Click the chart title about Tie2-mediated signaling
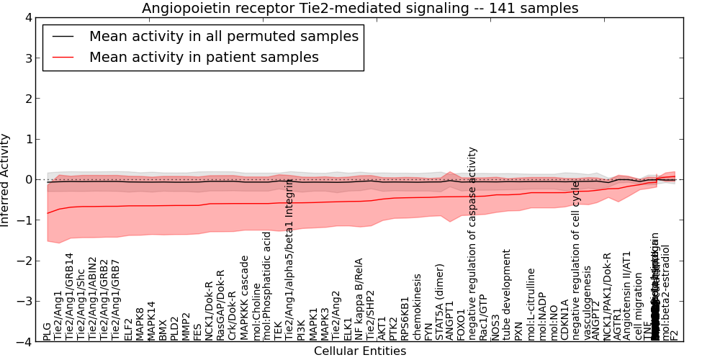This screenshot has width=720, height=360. coord(360,8)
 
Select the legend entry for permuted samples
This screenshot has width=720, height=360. coord(223,36)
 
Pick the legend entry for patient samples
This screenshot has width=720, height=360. coord(204,57)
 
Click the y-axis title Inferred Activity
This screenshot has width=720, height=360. coord(6,180)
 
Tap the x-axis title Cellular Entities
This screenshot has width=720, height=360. coord(360,351)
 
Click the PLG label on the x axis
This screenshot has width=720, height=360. coord(47,331)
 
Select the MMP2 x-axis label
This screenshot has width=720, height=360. coord(186,326)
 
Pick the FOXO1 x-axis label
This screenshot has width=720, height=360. coord(462,325)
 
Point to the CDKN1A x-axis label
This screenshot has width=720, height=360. coord(565,320)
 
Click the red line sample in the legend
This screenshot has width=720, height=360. coord(63,57)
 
